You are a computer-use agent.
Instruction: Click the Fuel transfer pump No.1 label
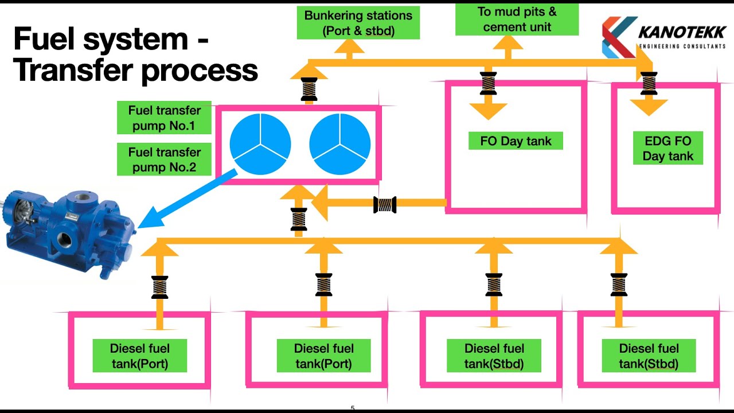(164, 118)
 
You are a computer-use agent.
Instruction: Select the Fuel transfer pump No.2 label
(164, 159)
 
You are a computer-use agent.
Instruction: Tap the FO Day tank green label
(516, 141)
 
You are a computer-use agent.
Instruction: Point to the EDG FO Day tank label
(668, 149)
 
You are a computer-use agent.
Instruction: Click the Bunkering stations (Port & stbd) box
(358, 23)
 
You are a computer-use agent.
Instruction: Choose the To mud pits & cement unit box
(517, 19)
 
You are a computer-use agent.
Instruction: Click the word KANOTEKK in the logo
(682, 32)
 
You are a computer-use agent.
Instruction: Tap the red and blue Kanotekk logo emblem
(618, 36)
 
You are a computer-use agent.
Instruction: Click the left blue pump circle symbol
(260, 143)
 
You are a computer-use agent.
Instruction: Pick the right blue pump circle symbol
(339, 143)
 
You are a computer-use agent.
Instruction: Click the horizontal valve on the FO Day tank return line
(385, 204)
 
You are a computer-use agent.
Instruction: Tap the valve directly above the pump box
(309, 89)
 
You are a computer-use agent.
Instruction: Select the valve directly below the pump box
(298, 219)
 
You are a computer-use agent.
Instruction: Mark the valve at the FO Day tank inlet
(488, 83)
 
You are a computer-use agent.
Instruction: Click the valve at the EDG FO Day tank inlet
(649, 83)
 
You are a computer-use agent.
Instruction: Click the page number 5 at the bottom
(353, 408)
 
